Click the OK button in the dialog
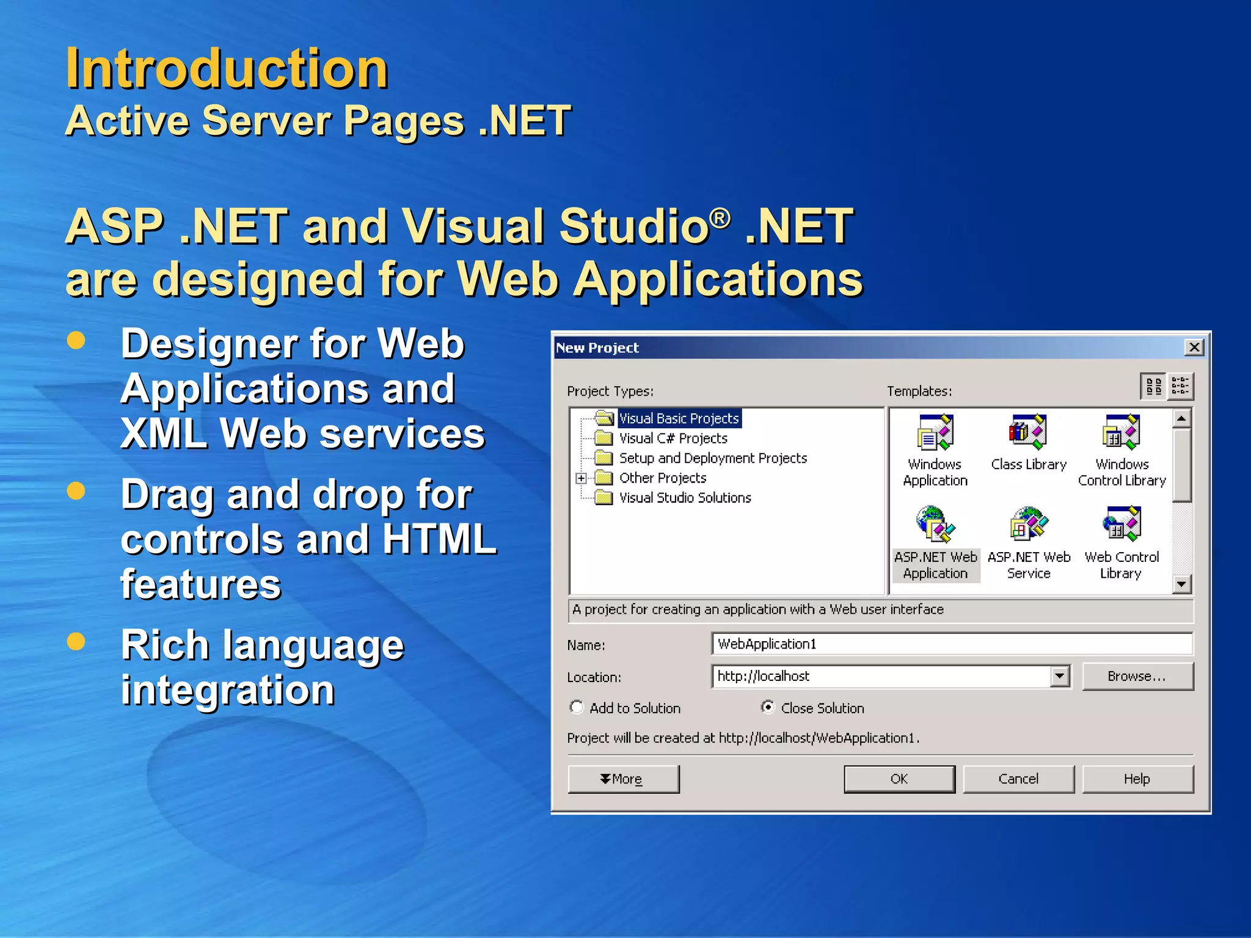(899, 779)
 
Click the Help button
(1137, 779)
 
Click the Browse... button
(1137, 676)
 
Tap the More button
(622, 779)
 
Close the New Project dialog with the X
(1194, 347)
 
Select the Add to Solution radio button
(576, 707)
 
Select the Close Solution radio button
(768, 707)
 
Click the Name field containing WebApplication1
(951, 644)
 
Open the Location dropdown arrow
(1060, 676)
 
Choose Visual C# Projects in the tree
(673, 438)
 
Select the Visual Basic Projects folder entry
(678, 418)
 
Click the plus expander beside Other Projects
(581, 478)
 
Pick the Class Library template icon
(1028, 432)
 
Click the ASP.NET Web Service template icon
(1028, 524)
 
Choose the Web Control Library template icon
(1122, 524)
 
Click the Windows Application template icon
(935, 432)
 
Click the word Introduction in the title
(227, 68)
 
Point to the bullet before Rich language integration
(76, 641)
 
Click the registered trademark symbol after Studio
(720, 217)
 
